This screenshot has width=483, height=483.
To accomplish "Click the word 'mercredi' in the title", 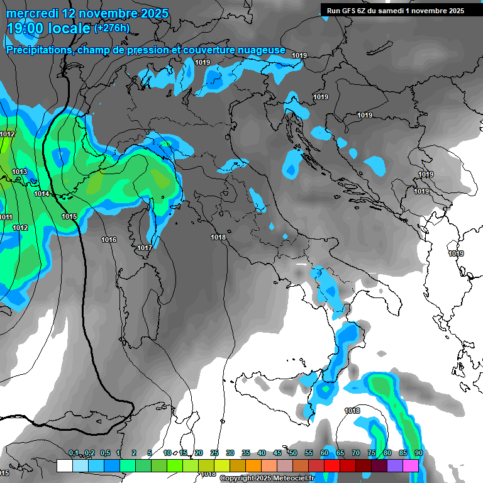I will pyautogui.click(x=31, y=13).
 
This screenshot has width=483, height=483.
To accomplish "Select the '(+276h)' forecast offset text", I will pyautogui.click(x=112, y=28).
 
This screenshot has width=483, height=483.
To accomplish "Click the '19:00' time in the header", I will pyautogui.click(x=26, y=28).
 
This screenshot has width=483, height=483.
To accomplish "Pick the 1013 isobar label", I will pyautogui.click(x=19, y=172).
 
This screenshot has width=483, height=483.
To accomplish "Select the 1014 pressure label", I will pyautogui.click(x=42, y=194).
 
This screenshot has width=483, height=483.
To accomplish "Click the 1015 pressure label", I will pyautogui.click(x=69, y=216).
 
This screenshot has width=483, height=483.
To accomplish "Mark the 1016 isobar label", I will pyautogui.click(x=109, y=240).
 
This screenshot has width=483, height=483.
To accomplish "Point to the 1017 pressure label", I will pyautogui.click(x=145, y=248).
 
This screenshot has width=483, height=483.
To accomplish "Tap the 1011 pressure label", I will pyautogui.click(x=6, y=217).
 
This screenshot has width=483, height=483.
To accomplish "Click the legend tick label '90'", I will pyautogui.click(x=418, y=453).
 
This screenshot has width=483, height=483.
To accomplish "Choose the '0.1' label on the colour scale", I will pyautogui.click(x=74, y=453).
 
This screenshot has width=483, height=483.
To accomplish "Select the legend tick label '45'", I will pyautogui.click(x=277, y=453).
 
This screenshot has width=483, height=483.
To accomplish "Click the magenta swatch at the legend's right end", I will pyautogui.click(x=411, y=465).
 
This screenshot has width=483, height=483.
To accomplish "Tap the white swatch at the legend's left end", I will pyautogui.click(x=64, y=465).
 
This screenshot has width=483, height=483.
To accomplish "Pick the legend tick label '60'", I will pyautogui.click(x=325, y=453).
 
